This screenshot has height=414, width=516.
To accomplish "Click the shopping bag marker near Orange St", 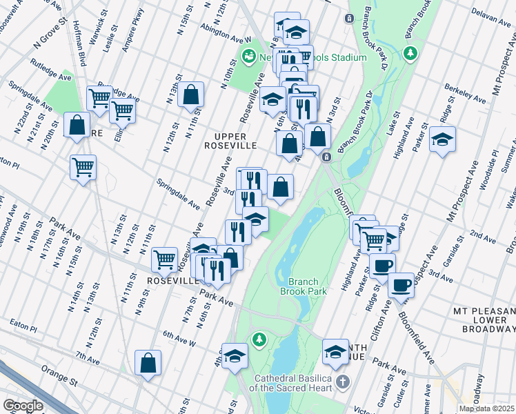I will point(148,363).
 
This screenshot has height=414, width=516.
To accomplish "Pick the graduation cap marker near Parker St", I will point(442,140).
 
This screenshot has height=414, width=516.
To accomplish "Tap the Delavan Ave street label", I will point(489,12).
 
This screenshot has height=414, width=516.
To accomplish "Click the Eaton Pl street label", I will point(23,322).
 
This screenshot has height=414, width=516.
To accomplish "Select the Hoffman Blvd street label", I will point(77,45).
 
